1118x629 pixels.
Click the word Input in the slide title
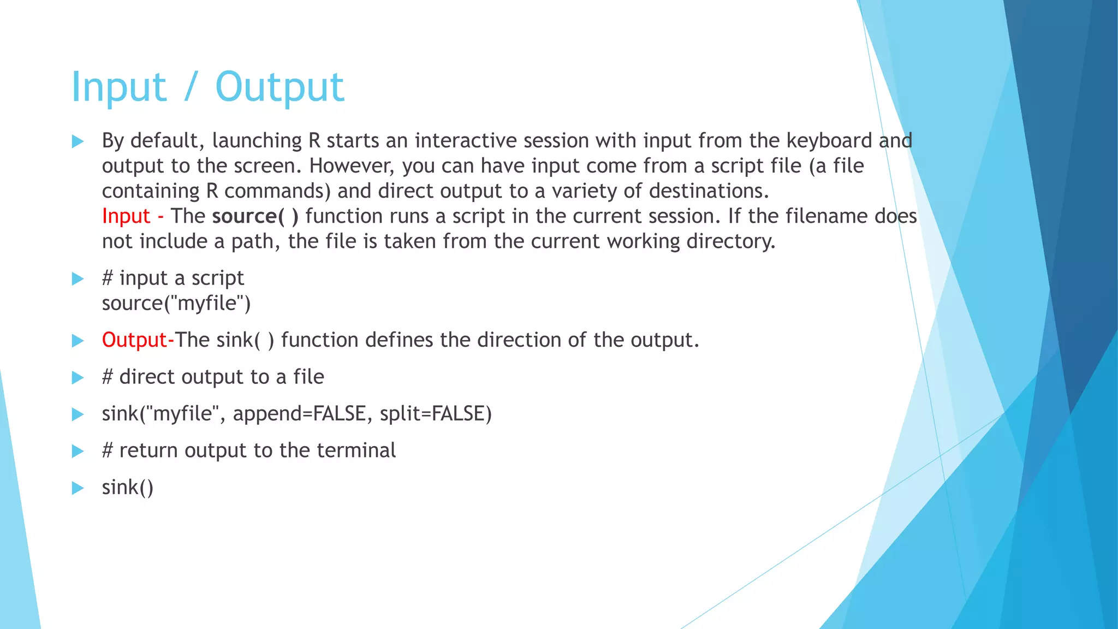[118, 87]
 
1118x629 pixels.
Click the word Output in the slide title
[279, 87]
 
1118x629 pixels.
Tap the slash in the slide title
[190, 87]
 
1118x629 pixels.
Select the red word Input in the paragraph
[126, 216]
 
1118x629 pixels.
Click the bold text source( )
[255, 216]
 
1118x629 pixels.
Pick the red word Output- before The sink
[138, 340]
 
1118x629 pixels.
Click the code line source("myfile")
[176, 304]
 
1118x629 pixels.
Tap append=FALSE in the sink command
[299, 414]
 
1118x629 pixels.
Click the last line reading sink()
[128, 488]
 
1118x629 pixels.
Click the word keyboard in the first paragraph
[829, 141]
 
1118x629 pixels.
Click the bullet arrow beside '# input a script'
[78, 279]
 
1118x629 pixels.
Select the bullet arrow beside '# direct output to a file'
[78, 378]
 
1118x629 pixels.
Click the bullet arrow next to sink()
[78, 488]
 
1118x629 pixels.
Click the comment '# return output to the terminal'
[248, 450]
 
